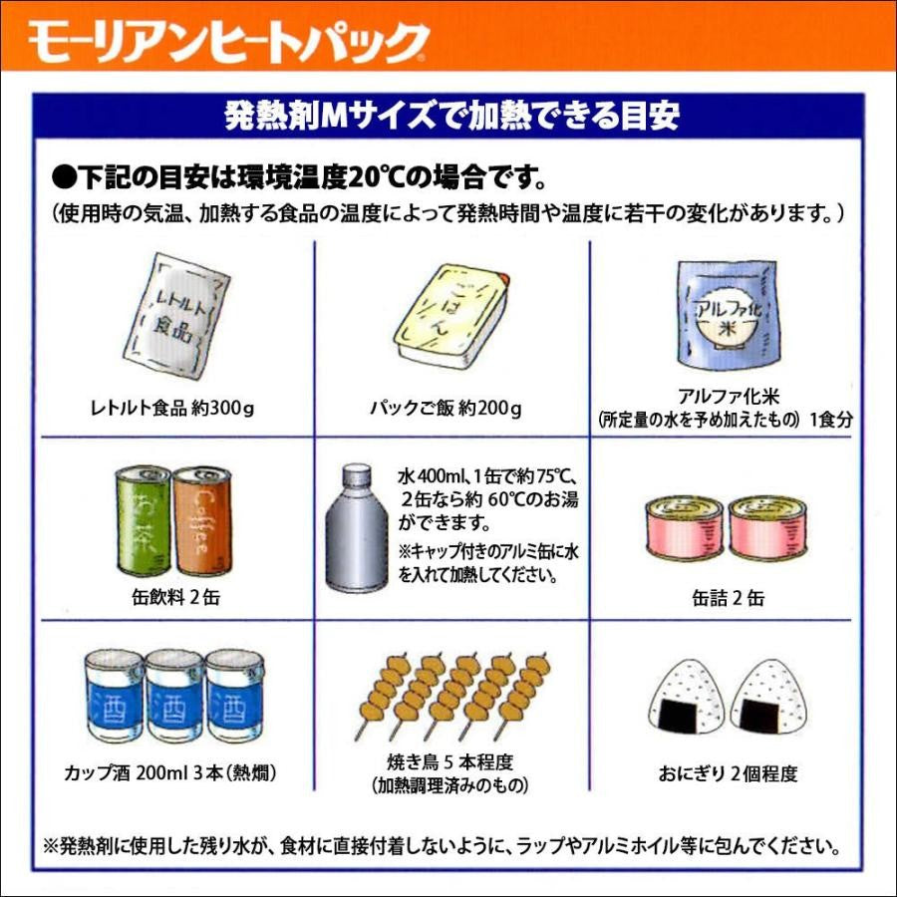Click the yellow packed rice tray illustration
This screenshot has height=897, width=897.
(449, 315)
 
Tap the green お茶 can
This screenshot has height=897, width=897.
(146, 523)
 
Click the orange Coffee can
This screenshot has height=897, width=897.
(201, 523)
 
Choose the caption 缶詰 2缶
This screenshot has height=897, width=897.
(728, 599)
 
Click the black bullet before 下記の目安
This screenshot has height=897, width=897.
(62, 178)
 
